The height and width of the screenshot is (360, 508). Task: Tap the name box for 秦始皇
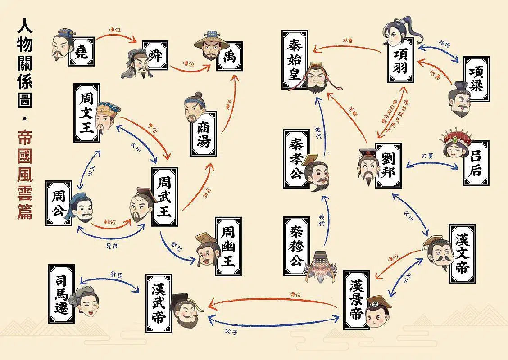(x=295, y=60)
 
